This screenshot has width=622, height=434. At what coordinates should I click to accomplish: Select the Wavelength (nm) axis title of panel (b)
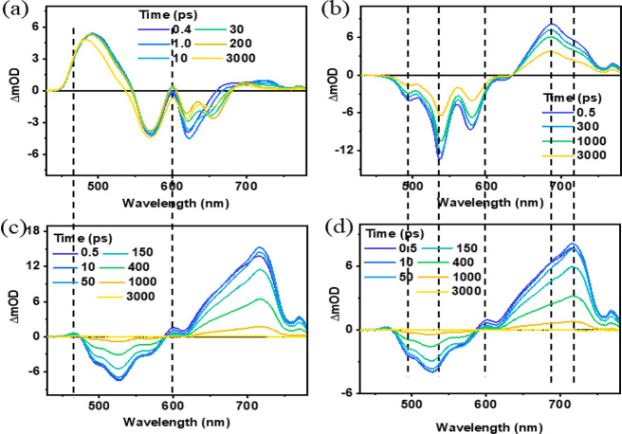485,203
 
